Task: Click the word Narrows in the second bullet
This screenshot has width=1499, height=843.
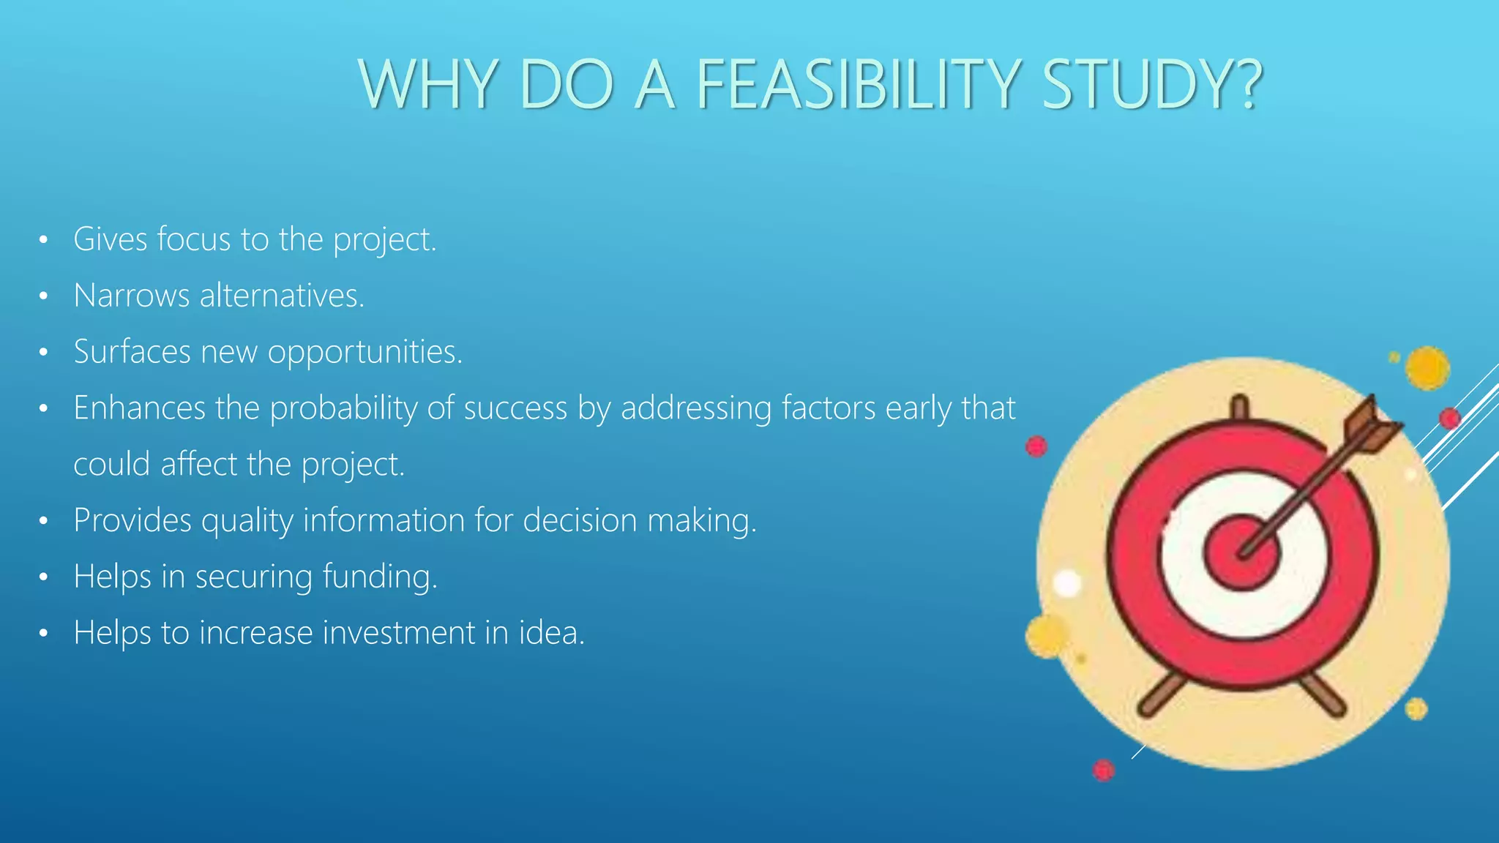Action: tap(132, 296)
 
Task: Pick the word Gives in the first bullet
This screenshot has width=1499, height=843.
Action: tap(111, 239)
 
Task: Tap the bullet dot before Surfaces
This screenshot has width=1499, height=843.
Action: tap(44, 353)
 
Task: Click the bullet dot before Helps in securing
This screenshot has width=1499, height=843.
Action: tap(44, 577)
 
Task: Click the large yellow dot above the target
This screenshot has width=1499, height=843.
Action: tap(1427, 367)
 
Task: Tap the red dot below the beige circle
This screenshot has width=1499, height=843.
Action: tap(1103, 770)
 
